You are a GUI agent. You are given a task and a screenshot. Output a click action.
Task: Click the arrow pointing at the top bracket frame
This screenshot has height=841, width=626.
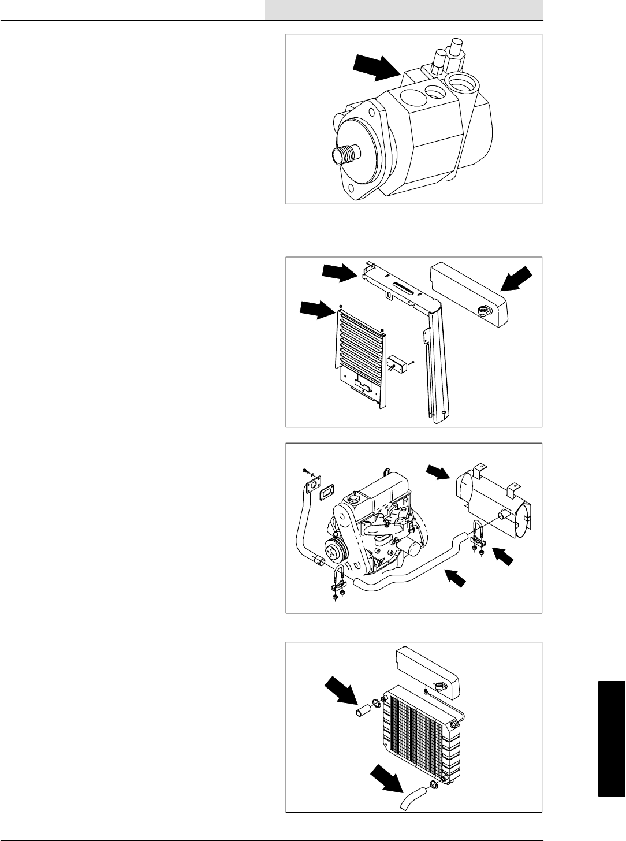340,272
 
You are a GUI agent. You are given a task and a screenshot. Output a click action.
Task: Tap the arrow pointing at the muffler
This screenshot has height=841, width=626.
437,472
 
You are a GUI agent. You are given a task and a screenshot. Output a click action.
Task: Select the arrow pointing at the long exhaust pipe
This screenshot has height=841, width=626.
455,578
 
